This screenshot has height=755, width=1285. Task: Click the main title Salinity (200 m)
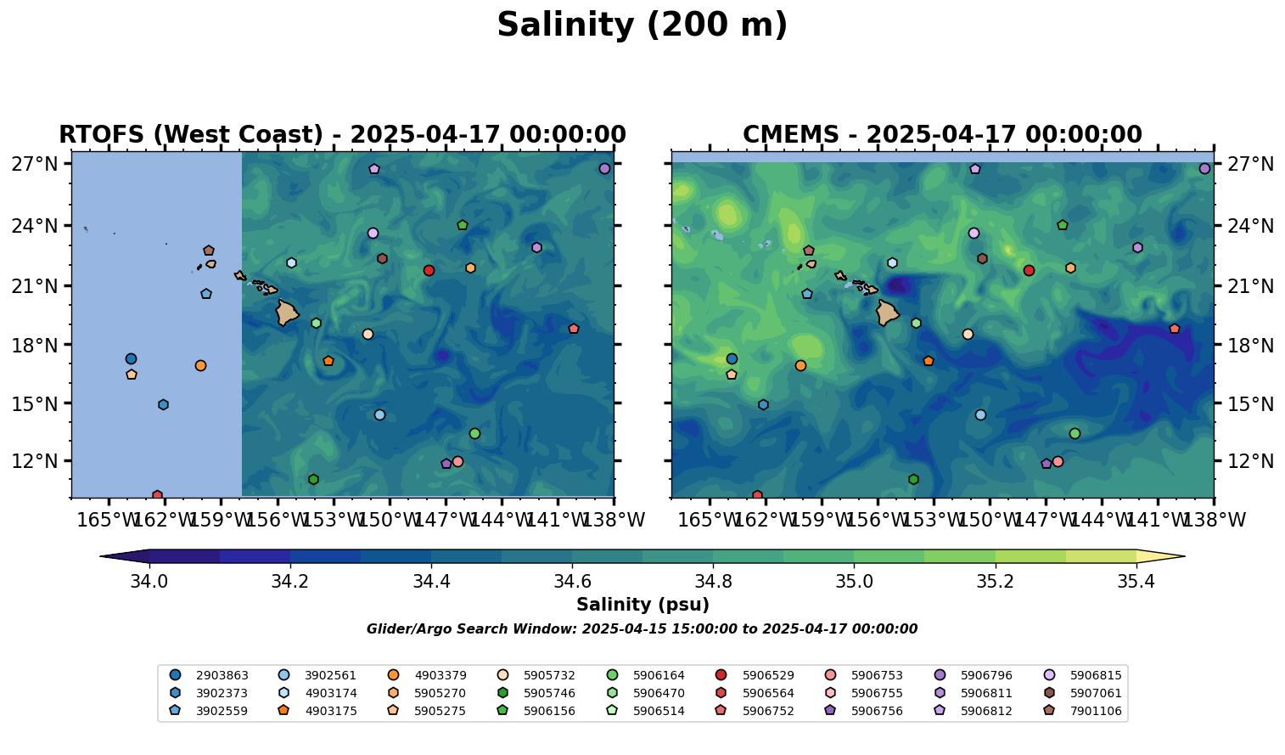point(642,25)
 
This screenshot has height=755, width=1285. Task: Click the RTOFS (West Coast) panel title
point(342,135)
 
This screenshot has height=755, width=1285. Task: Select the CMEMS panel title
point(942,135)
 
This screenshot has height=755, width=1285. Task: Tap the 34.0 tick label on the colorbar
point(149,582)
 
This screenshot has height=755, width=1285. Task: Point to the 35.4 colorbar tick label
point(1136,582)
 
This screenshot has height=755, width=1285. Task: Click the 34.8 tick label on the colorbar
point(713,582)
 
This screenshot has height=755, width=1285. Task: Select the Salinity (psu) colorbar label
point(642,605)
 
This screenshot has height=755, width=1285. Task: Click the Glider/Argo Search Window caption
point(642,629)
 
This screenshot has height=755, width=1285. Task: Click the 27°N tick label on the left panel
point(34,164)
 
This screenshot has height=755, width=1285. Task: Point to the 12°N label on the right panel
point(1249,462)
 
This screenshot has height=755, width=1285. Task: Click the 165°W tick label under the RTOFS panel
point(108,519)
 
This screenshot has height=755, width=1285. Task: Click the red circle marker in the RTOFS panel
point(429,270)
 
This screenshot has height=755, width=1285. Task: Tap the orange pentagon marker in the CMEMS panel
point(928,361)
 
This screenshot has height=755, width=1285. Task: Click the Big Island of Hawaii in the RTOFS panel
point(287,313)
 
